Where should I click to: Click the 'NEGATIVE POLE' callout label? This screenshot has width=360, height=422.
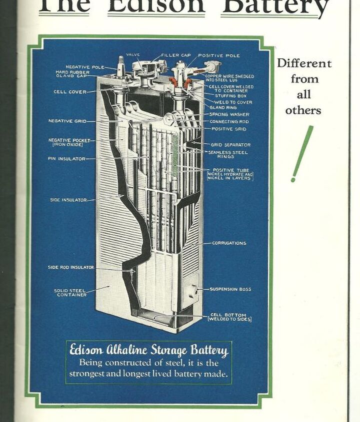point(85,67)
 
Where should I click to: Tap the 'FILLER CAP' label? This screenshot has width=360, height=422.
point(175,55)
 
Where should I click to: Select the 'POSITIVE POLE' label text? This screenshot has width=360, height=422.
point(219,55)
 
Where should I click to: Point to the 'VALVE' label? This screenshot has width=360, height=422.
point(133,54)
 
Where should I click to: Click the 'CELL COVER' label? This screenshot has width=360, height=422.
point(70,92)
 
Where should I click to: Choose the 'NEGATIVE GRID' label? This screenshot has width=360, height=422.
point(67,121)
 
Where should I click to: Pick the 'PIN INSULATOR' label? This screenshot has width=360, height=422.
point(66,159)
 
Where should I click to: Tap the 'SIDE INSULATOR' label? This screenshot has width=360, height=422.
point(68,200)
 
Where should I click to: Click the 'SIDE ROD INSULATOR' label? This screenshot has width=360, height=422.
point(70,267)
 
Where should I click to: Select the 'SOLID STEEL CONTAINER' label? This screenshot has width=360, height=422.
point(70,293)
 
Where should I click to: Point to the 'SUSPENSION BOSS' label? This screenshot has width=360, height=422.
point(230,289)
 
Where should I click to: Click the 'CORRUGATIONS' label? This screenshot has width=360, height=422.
point(229,243)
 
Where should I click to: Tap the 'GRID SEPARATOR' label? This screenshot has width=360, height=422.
point(230,145)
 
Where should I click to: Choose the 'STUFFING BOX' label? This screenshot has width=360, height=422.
point(230,96)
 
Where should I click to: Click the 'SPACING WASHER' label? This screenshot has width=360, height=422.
point(229,114)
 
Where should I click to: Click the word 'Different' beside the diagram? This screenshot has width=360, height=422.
point(304,63)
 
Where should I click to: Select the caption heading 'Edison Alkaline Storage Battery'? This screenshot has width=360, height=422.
point(148,351)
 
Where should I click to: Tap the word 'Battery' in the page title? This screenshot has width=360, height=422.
point(275,7)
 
